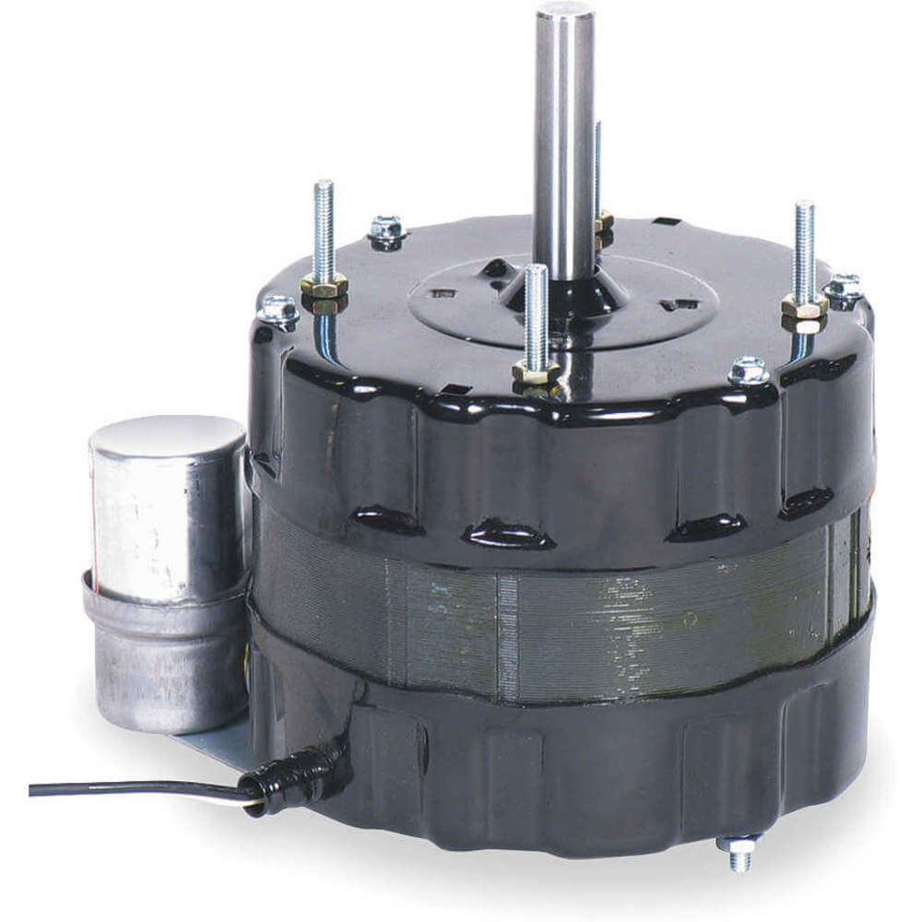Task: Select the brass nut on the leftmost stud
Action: point(324,288)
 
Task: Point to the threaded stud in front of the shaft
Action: point(536,313)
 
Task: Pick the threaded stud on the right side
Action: point(804,249)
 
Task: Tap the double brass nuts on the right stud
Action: point(804,313)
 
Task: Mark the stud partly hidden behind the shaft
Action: point(599,166)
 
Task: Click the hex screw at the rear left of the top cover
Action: point(387,228)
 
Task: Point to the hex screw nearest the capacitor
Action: point(278,310)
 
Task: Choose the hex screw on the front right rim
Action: point(748,371)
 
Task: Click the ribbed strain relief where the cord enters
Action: point(295,779)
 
